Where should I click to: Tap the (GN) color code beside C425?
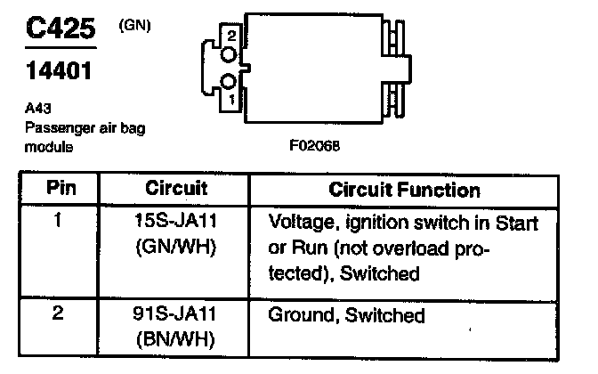coord(133,28)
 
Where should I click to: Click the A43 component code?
coord(37,110)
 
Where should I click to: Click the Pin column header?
coord(60,189)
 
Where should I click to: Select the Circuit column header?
coord(176,189)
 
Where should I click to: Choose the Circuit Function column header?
coord(404,190)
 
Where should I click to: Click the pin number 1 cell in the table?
coord(59,218)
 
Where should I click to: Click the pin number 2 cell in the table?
coord(59,314)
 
